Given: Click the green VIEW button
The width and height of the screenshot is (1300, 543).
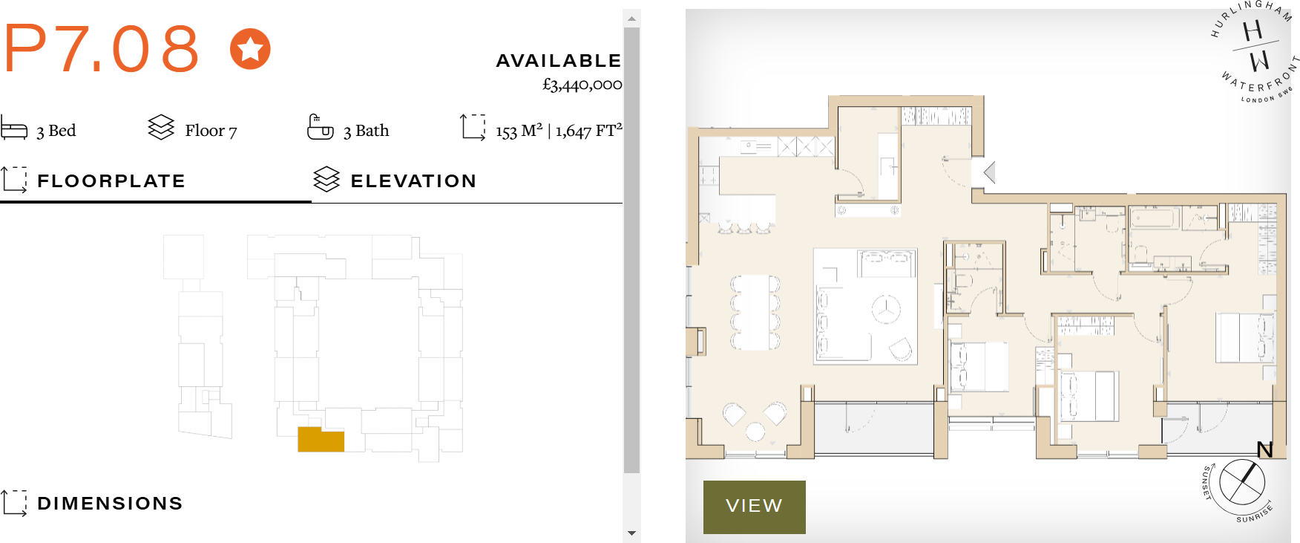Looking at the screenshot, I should (754, 507).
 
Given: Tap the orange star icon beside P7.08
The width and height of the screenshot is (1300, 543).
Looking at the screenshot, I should (250, 49).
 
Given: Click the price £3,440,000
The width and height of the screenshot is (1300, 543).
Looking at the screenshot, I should (582, 85).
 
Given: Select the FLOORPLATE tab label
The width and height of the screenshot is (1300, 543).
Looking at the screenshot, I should (111, 181).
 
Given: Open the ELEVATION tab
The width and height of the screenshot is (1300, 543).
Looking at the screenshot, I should (413, 181).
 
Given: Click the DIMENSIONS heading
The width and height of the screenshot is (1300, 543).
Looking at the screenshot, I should (110, 504).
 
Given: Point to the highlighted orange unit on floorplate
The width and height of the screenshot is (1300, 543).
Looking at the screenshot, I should (321, 440).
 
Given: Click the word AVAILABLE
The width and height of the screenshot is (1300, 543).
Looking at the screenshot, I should (558, 61).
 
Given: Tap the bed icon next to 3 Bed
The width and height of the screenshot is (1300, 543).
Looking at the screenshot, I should (14, 128).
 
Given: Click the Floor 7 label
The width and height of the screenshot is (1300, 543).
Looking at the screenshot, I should (211, 131).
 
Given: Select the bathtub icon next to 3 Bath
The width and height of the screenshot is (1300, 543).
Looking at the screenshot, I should (321, 128).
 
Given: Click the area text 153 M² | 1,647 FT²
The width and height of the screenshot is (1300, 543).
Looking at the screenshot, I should (558, 131).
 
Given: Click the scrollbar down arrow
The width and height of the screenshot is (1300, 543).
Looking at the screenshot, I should (631, 533).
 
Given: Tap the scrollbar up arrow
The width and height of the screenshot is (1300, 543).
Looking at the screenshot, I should (631, 18).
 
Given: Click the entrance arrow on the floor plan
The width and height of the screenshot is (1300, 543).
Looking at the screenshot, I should (989, 172).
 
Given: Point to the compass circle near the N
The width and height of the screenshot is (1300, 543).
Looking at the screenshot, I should (1241, 481).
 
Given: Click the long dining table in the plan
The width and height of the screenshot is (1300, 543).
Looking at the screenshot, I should (755, 312).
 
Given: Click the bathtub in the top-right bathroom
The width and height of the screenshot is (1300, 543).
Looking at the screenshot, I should (1154, 219).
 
